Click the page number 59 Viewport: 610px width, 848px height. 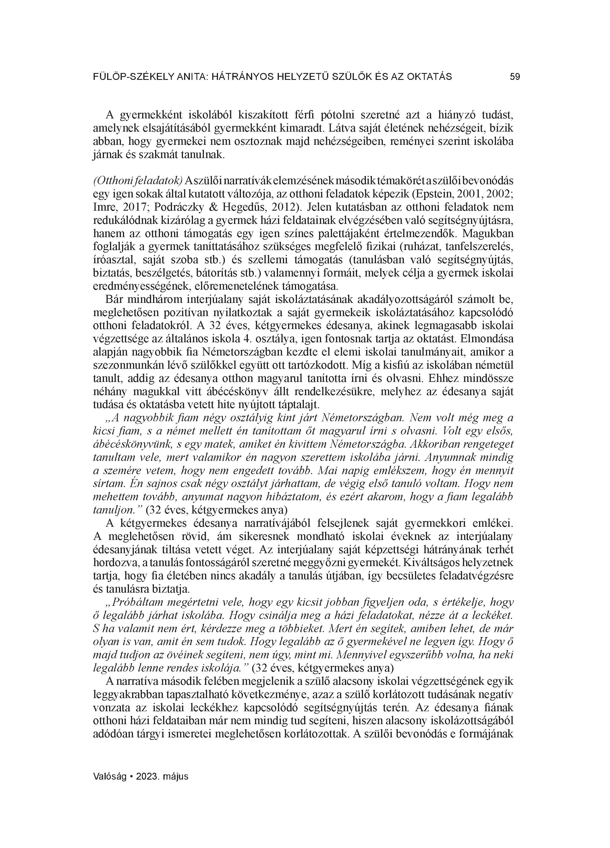pyautogui.click(x=515, y=77)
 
